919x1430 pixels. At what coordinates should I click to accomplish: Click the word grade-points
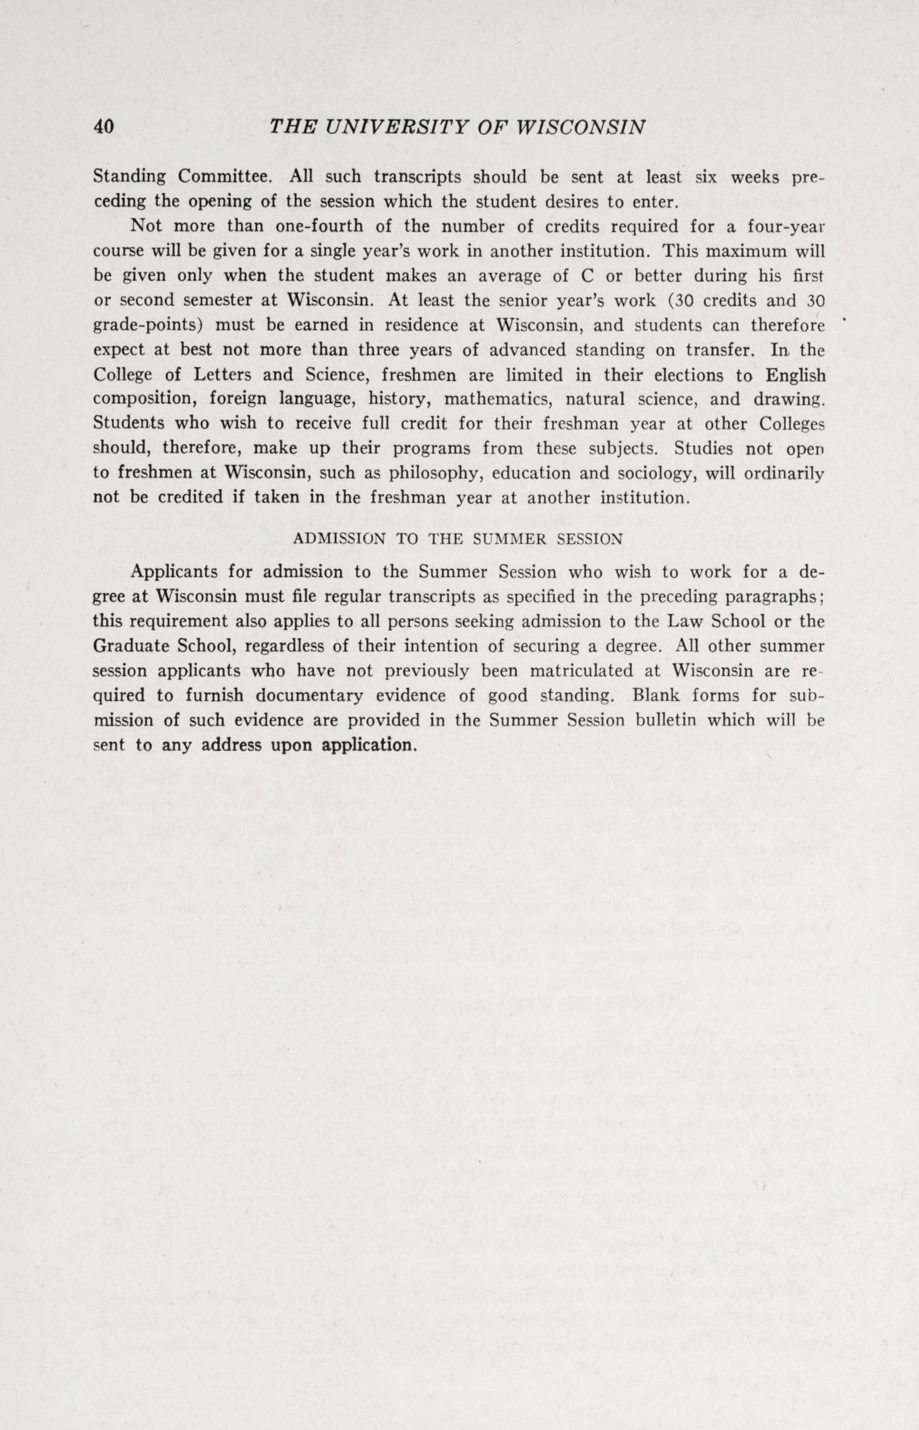coord(150,326)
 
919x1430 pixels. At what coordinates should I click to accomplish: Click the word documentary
coord(318,696)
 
